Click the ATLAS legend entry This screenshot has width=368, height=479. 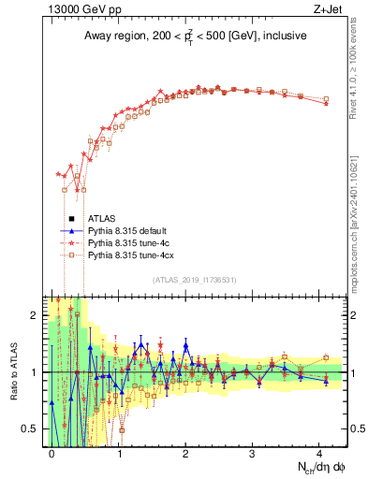click(x=114, y=218)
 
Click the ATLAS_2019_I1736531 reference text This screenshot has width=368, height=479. click(x=195, y=280)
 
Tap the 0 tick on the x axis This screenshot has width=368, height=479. click(x=52, y=453)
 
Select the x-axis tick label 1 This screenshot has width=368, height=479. click(x=120, y=453)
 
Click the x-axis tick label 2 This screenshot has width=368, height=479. click(x=186, y=453)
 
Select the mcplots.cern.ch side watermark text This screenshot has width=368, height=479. click(x=358, y=206)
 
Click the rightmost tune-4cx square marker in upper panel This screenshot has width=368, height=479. click(x=326, y=99)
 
